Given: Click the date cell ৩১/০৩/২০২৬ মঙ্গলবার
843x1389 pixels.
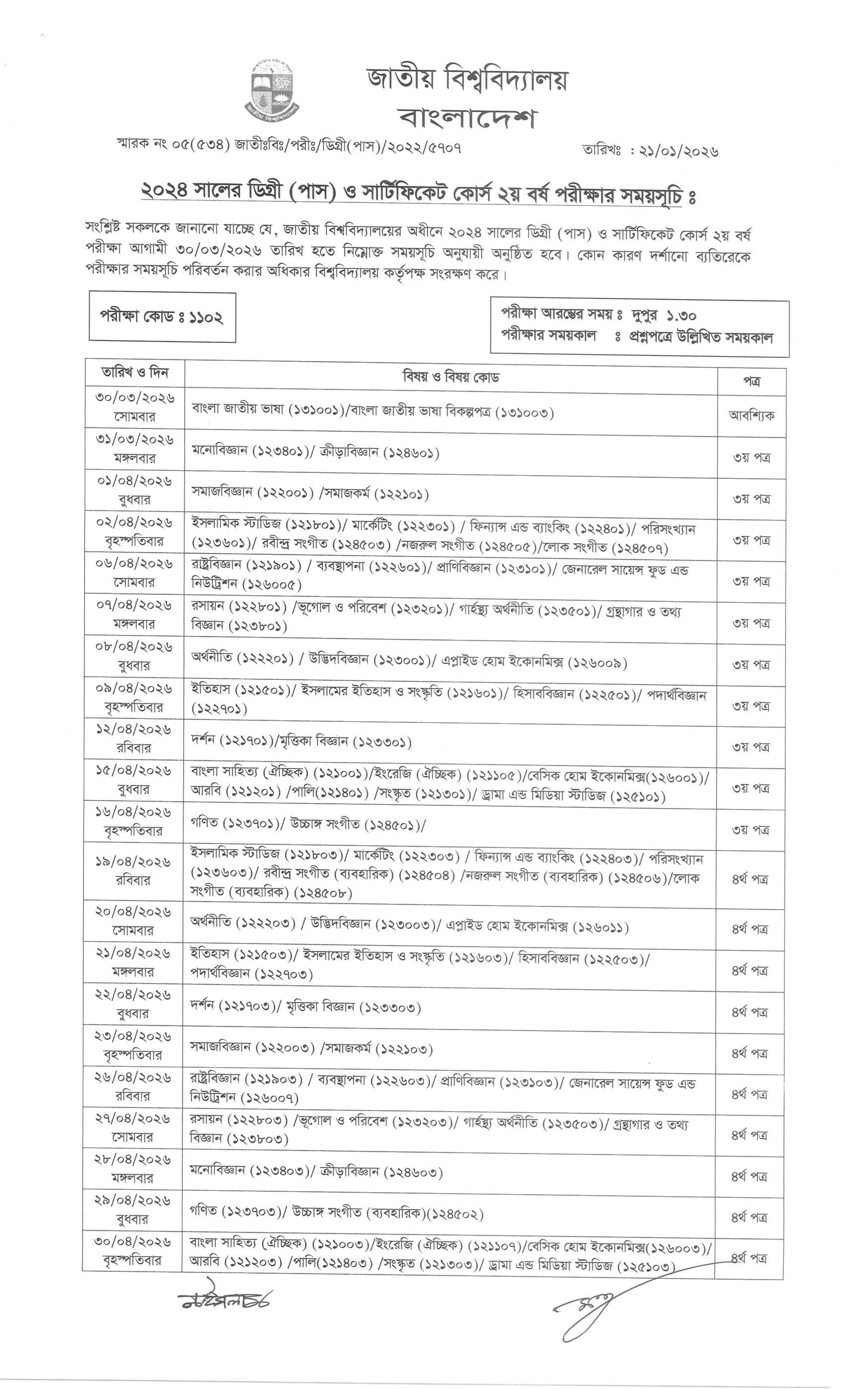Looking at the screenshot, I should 135,448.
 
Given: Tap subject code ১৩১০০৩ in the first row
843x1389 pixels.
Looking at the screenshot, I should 524,413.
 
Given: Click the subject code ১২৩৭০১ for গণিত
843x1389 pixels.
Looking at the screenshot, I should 251,823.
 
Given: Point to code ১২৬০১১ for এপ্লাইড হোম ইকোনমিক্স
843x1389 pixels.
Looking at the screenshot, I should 601,927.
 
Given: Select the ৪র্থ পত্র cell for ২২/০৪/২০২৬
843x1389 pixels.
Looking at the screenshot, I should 749,1012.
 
